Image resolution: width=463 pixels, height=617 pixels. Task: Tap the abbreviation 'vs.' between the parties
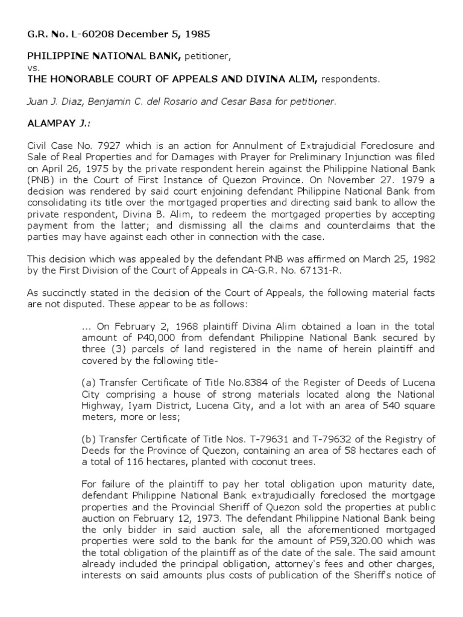pyautogui.click(x=33, y=68)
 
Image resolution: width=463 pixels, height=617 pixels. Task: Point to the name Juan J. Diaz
pyautogui.click(x=54, y=101)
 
